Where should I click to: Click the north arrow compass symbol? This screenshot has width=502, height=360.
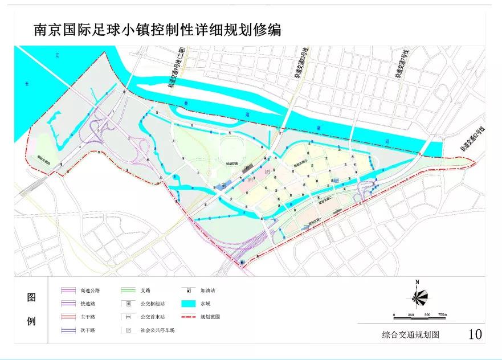418,296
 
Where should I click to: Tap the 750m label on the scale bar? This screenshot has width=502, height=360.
442,314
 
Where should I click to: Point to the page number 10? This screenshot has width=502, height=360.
475,334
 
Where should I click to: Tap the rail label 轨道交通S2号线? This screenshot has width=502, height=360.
475,139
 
